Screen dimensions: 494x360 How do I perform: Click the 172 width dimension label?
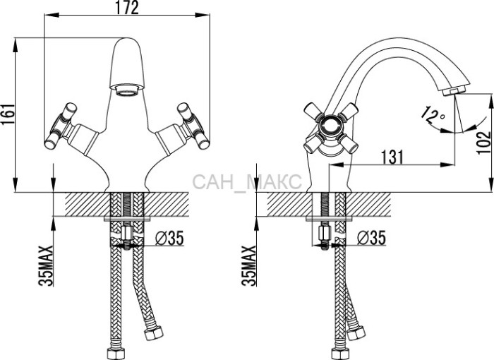pos(127,8)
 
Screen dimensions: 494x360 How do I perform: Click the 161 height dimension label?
pos(8,114)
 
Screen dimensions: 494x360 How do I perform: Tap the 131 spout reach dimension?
pos(392,157)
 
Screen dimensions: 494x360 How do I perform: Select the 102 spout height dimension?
pos(484,143)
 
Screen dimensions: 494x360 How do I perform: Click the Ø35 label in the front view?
pos(169,238)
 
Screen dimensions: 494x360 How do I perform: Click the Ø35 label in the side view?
pos(372,238)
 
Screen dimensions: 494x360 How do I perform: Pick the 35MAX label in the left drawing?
pos(46,265)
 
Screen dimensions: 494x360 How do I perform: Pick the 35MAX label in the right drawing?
pos(249,265)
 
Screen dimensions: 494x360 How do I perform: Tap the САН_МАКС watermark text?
pos(247,182)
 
